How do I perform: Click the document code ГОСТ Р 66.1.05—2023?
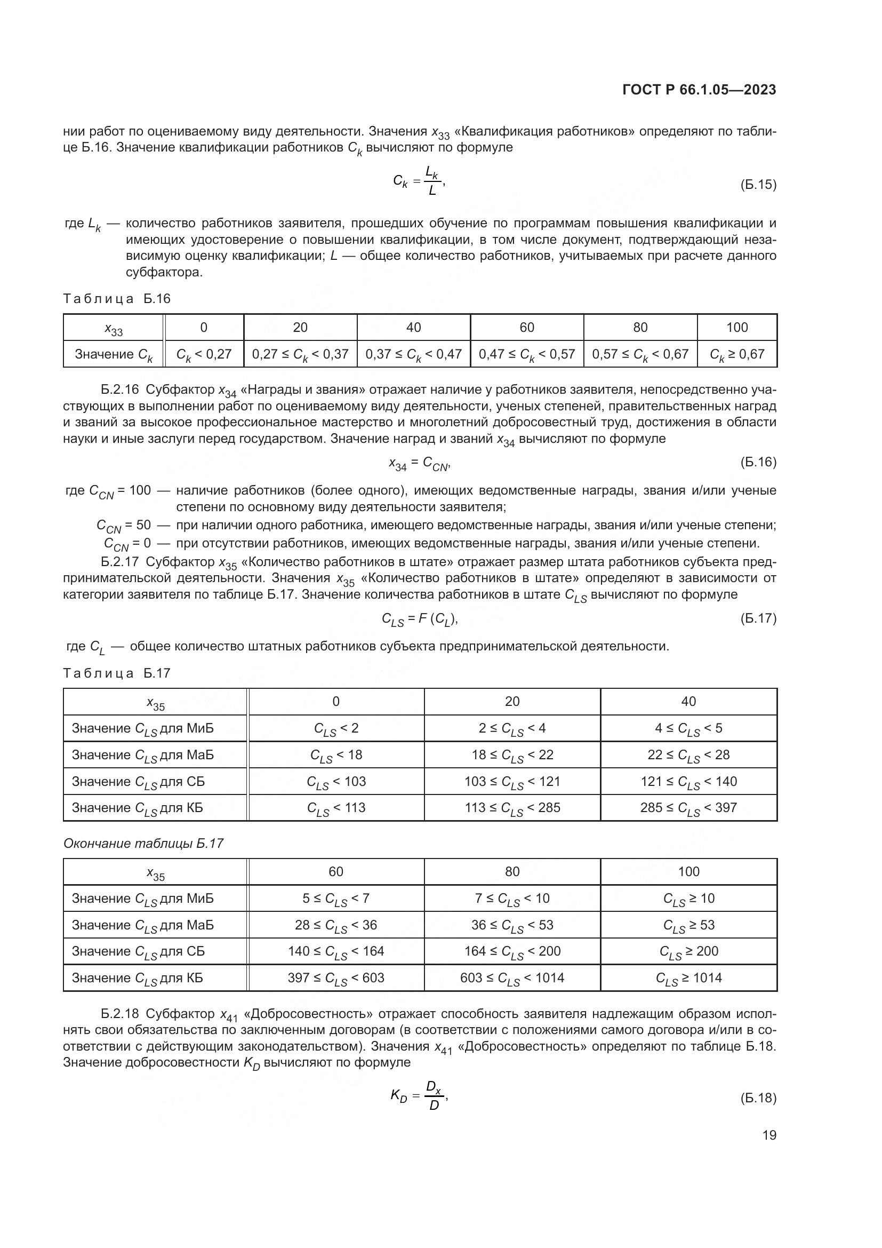(699, 90)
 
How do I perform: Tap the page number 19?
(769, 1135)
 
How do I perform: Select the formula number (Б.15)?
(758, 185)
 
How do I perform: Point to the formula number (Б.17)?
(758, 618)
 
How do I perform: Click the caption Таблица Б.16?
(117, 298)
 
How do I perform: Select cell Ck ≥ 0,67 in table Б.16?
(737, 354)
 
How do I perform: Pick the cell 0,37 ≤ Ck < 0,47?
(413, 354)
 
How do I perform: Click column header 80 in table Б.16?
(640, 327)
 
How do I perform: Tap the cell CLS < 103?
(336, 782)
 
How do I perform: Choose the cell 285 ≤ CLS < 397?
(688, 808)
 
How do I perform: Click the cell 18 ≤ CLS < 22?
(512, 755)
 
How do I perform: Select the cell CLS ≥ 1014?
(688, 979)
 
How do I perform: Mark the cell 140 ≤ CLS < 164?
(336, 952)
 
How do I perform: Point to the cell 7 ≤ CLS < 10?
(512, 899)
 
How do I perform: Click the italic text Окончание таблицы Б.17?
(143, 844)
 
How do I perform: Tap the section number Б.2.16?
(120, 389)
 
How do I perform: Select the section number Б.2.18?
(120, 1014)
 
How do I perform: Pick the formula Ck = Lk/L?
(418, 181)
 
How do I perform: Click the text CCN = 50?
(124, 526)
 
